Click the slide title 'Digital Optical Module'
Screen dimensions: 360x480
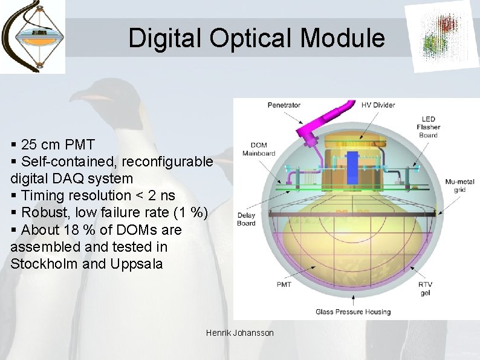point(256,38)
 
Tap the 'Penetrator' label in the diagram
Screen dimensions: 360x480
point(284,105)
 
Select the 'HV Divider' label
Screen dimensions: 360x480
point(378,105)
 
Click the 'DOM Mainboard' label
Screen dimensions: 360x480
point(258,149)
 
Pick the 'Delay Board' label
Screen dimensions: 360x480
point(246,219)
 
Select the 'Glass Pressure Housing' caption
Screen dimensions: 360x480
point(353,312)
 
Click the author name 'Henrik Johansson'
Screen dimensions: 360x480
point(239,333)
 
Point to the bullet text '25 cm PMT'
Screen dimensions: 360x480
point(57,145)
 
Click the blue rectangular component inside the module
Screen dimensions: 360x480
point(352,168)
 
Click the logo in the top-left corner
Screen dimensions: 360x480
point(32,36)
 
